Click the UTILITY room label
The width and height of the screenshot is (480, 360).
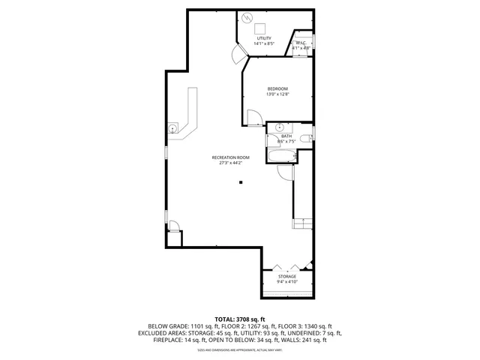tap(263, 38)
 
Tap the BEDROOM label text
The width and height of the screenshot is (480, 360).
tap(277, 88)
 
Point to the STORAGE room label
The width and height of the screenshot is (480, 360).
tap(287, 277)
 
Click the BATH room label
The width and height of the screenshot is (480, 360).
tap(286, 136)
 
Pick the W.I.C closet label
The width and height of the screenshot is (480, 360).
tap(300, 43)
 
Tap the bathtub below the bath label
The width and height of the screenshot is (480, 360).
tap(282, 154)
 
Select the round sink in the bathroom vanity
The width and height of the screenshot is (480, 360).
tap(278, 127)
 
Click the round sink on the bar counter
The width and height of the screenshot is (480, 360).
tap(175, 128)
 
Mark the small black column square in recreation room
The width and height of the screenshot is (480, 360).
tap(241, 182)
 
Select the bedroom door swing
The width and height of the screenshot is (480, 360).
tap(254, 117)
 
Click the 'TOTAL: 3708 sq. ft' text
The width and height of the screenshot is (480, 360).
tap(240, 319)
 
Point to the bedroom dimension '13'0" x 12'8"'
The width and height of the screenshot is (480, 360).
tap(277, 94)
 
